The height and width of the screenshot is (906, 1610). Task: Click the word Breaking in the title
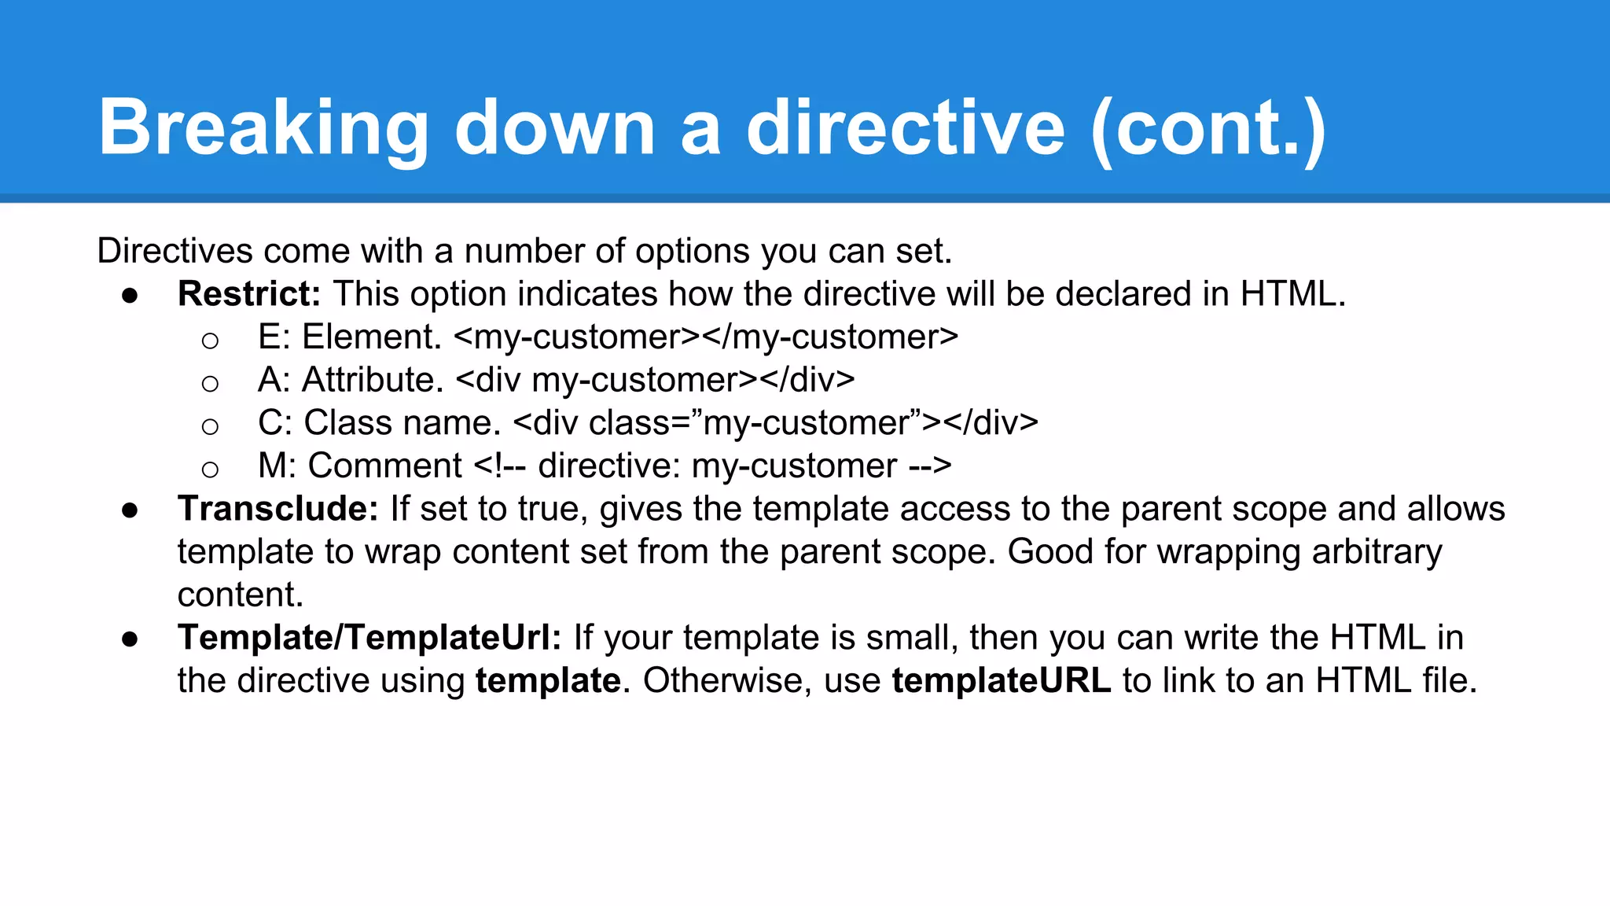coord(263,128)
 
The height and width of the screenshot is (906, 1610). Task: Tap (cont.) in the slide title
coord(1208,128)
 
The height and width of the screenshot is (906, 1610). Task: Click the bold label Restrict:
coord(249,294)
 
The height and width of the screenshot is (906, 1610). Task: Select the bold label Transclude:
coord(278,509)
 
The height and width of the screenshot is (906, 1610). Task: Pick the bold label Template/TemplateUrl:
coord(369,638)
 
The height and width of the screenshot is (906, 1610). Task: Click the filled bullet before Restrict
coord(130,296)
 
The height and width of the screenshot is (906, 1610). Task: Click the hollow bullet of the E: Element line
coord(210,341)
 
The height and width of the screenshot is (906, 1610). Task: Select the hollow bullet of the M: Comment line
coord(210,470)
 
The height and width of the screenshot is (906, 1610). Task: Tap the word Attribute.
coord(373,381)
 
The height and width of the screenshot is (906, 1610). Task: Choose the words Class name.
coord(402,423)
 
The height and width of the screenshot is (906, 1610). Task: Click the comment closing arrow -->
coord(930,466)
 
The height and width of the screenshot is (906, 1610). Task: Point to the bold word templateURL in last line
coord(1001,681)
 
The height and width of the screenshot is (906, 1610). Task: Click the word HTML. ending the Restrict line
coord(1293,294)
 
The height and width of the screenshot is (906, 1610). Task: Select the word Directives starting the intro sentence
coord(175,252)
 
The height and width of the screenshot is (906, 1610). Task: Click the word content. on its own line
coord(241,595)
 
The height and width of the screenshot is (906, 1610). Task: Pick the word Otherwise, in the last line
coord(727,681)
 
